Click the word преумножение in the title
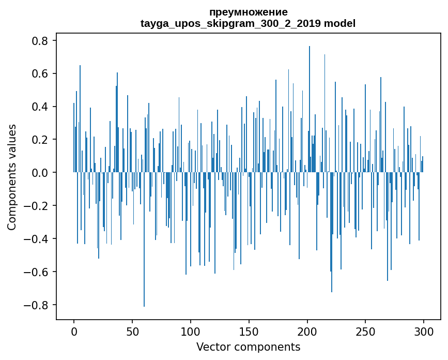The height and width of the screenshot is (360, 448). pyautogui.click(x=248, y=12)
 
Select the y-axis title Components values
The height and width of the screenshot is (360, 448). pyautogui.click(x=12, y=177)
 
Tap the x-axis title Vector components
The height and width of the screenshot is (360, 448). pyautogui.click(x=248, y=347)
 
